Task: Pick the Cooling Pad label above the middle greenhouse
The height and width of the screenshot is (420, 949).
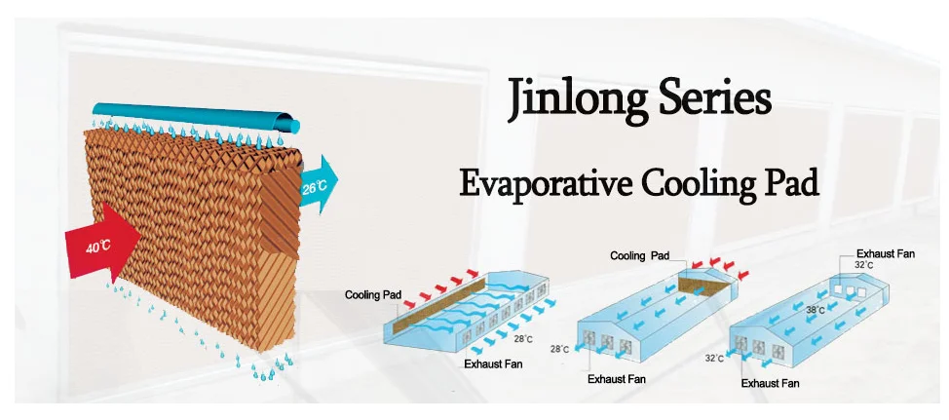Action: [x=639, y=255]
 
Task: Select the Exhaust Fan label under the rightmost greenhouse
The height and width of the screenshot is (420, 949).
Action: [x=770, y=383]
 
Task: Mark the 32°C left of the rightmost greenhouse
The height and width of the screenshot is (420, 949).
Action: [x=714, y=358]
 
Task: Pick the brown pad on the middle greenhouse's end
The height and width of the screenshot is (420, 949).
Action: [x=702, y=283]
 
